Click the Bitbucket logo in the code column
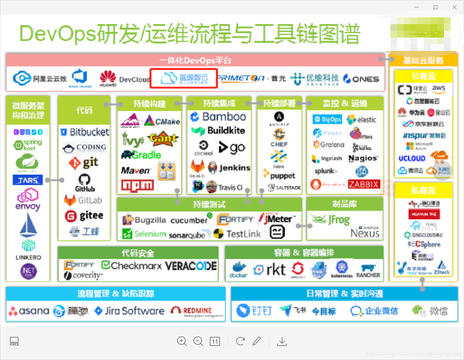(85, 132)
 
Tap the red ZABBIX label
(363, 184)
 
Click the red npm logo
(137, 185)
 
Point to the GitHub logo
(84, 183)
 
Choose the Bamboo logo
(218, 117)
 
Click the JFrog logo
(331, 220)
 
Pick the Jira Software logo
(129, 311)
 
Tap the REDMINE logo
(197, 311)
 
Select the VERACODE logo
(191, 266)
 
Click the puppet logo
(279, 175)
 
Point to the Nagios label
(363, 158)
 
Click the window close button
(454, 7)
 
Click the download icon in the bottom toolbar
(282, 341)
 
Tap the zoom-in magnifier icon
(182, 341)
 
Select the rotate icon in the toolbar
(241, 341)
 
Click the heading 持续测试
(209, 204)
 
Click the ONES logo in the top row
(361, 79)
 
